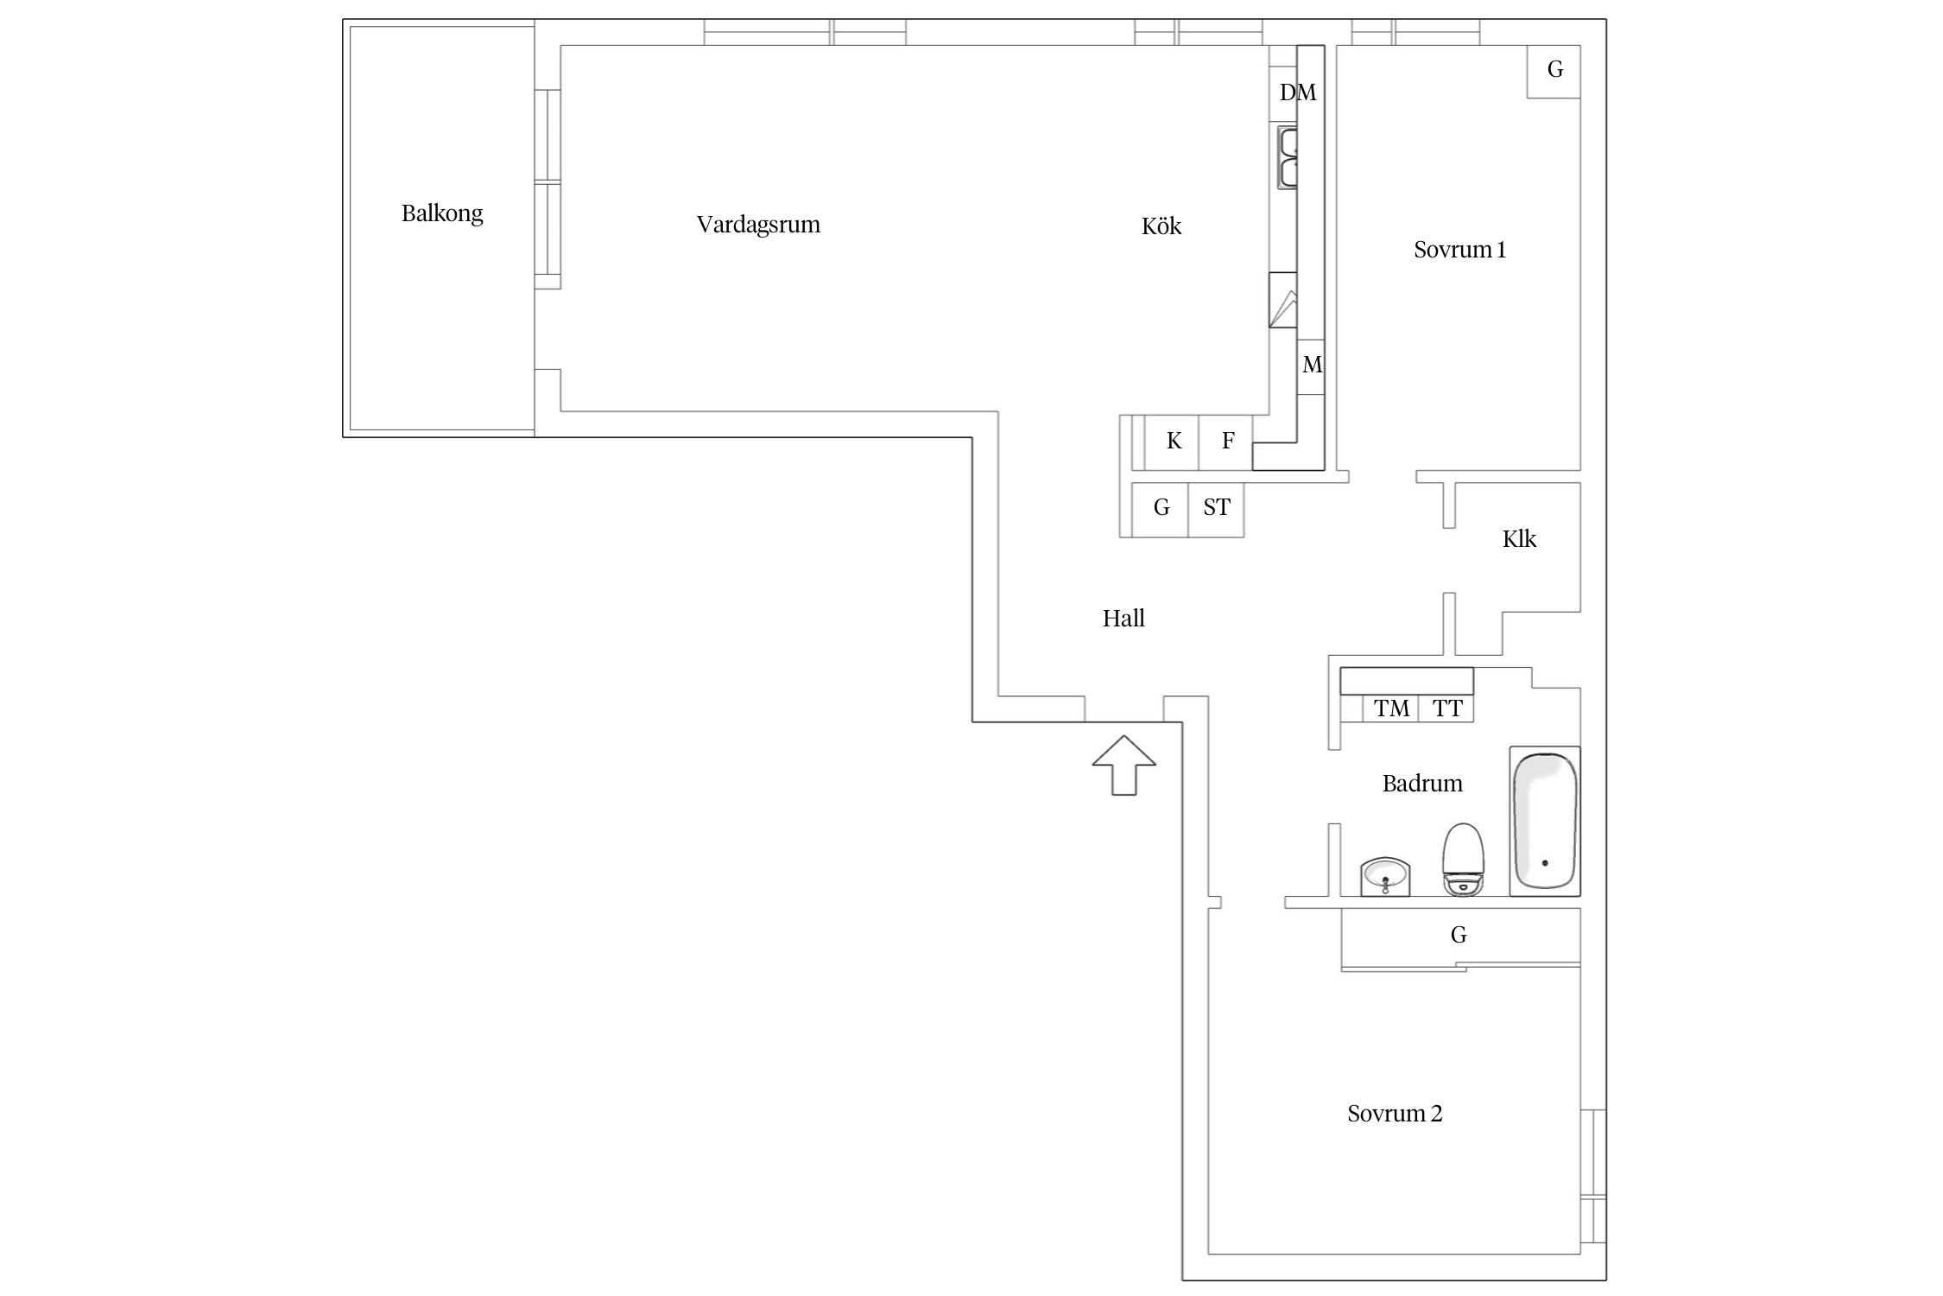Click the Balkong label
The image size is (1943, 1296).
pyautogui.click(x=442, y=213)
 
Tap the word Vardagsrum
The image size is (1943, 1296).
pyautogui.click(x=758, y=225)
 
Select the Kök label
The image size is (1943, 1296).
pyautogui.click(x=1161, y=226)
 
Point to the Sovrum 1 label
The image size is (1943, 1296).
pyautogui.click(x=1459, y=250)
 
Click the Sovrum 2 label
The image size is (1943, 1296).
pyautogui.click(x=1395, y=1114)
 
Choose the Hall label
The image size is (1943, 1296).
pyautogui.click(x=1123, y=619)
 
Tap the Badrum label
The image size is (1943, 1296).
pyautogui.click(x=1422, y=784)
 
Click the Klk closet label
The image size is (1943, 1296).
pyautogui.click(x=1519, y=539)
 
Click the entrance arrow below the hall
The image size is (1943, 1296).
pyautogui.click(x=1123, y=766)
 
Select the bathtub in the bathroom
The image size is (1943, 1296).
pyautogui.click(x=1545, y=821)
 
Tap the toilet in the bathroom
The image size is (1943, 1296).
pyautogui.click(x=1463, y=859)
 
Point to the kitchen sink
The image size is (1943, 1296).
pyautogui.click(x=1288, y=157)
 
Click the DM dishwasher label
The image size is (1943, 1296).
pyautogui.click(x=1298, y=92)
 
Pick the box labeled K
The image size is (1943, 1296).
pyautogui.click(x=1172, y=442)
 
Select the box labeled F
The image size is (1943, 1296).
pyautogui.click(x=1225, y=442)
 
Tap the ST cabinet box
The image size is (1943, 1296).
pyautogui.click(x=1216, y=510)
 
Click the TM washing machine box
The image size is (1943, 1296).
pyautogui.click(x=1390, y=708)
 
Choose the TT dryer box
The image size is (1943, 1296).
pyautogui.click(x=1446, y=708)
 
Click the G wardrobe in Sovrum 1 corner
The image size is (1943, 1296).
pyautogui.click(x=1554, y=71)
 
